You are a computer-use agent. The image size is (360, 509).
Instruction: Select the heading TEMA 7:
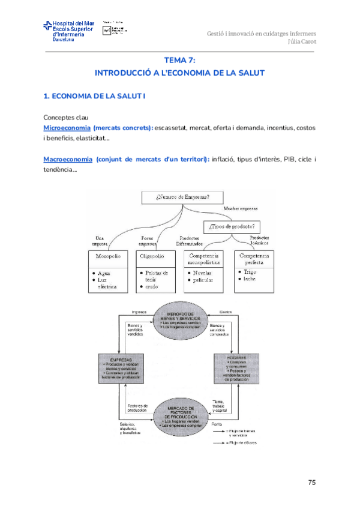(180, 60)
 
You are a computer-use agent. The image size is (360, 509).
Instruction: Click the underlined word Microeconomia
(67, 128)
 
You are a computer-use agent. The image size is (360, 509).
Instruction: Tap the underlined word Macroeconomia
(68, 159)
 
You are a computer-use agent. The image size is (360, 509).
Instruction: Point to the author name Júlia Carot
(302, 41)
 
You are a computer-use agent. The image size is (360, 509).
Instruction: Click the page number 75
(311, 482)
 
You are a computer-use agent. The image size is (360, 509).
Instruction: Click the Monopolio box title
(108, 256)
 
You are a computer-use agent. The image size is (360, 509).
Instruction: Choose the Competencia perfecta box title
(254, 259)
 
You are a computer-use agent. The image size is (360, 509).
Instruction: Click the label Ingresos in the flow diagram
(139, 312)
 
